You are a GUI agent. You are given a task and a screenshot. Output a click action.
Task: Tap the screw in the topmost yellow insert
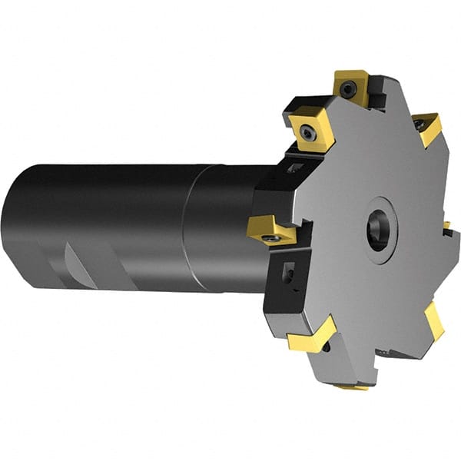pyautogui.click(x=350, y=90)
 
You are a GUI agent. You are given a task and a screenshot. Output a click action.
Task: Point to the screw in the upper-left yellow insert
pyautogui.click(x=309, y=134)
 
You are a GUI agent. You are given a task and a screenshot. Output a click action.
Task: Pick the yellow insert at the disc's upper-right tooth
pyautogui.click(x=427, y=127)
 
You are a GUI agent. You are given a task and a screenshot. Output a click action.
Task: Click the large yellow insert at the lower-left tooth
pyautogui.click(x=313, y=336)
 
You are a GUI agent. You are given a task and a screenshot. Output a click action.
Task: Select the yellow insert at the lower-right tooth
pyautogui.click(x=434, y=320)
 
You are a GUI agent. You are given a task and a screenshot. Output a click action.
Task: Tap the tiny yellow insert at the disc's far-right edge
pyautogui.click(x=446, y=226)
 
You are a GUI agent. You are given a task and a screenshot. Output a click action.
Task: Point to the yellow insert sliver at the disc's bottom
pyautogui.click(x=353, y=386)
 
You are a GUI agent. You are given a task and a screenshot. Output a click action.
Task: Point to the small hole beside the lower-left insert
pyautogui.click(x=327, y=348)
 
